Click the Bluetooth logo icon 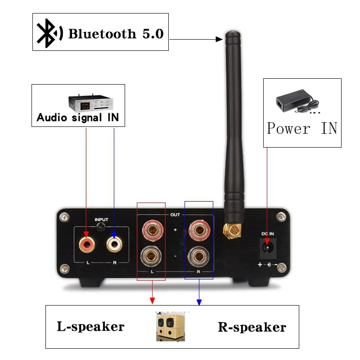coord(49,33)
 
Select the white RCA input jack coord(114,244)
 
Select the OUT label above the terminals coord(175,215)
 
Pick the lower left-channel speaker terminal coord(151,258)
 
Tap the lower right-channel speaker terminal coord(198,258)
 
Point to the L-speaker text coord(90,326)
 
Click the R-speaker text coord(252,327)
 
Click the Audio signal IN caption coord(77,118)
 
